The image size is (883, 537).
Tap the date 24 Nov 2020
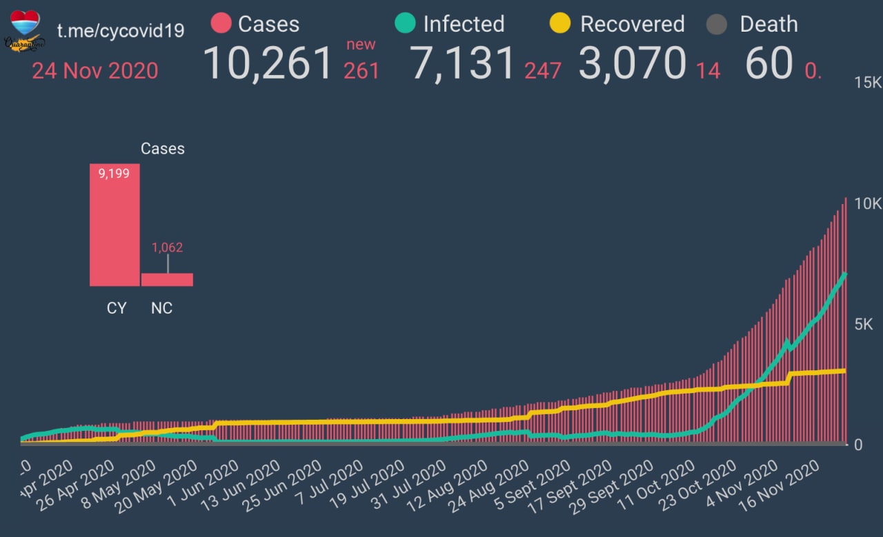[x=95, y=70]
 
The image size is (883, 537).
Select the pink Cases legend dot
[x=221, y=24]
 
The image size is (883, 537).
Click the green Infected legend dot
[x=405, y=24]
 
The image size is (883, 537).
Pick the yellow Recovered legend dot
[x=559, y=24]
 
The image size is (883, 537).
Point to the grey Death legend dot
[x=717, y=25]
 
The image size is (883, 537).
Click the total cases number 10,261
[x=268, y=63]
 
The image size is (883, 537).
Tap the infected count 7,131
[x=463, y=63]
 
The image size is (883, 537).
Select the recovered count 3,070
[x=631, y=63]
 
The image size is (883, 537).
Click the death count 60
[x=768, y=63]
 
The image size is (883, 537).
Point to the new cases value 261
[x=361, y=70]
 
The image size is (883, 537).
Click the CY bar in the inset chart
[x=115, y=225]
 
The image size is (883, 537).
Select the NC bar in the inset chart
[x=167, y=279]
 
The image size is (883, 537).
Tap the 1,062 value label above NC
[x=167, y=247]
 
